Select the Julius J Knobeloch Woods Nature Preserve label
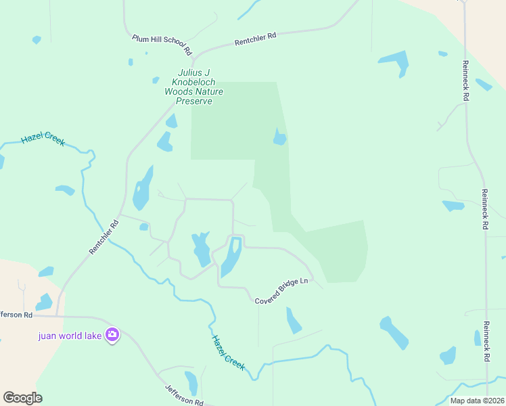tap(194, 87)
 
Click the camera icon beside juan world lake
tap(112, 334)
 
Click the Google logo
tap(22, 398)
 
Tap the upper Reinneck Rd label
tap(465, 80)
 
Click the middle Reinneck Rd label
tap(484, 210)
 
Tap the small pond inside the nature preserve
tap(279, 138)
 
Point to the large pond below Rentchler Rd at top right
tap(395, 63)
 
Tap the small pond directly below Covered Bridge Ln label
tap(293, 321)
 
